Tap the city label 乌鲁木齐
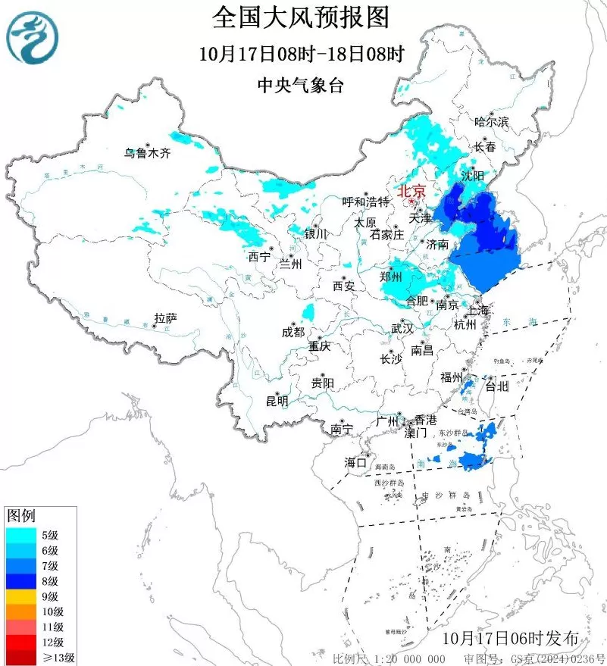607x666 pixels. (x=149, y=153)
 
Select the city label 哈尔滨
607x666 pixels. (x=491, y=121)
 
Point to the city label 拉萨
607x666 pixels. (x=165, y=318)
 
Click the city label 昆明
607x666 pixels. (x=277, y=401)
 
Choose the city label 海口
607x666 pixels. (x=355, y=462)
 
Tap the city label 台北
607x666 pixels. (x=496, y=386)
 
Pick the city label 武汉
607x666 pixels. (x=402, y=328)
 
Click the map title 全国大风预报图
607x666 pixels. (x=301, y=17)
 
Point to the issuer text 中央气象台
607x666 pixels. (x=301, y=86)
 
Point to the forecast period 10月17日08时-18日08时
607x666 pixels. (x=301, y=54)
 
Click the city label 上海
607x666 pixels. (x=479, y=311)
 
